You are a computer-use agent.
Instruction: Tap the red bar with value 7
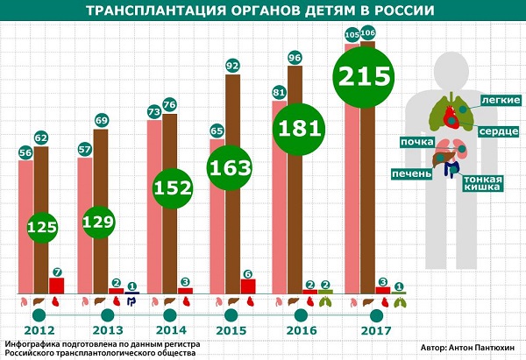(x=56, y=285)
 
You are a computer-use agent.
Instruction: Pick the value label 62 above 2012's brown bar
(x=41, y=138)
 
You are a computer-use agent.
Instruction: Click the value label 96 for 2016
(x=295, y=58)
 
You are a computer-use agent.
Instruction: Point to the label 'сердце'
(x=499, y=131)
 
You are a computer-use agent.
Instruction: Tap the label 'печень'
(x=413, y=173)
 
